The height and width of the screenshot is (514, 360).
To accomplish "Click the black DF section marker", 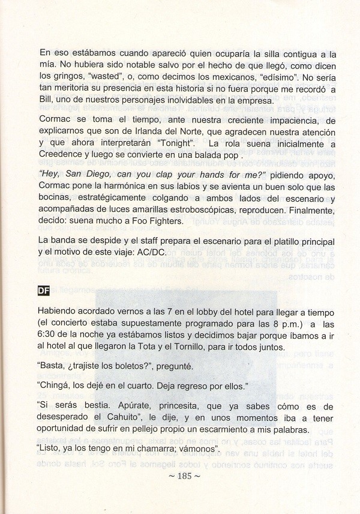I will pyautogui.click(x=43, y=292).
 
